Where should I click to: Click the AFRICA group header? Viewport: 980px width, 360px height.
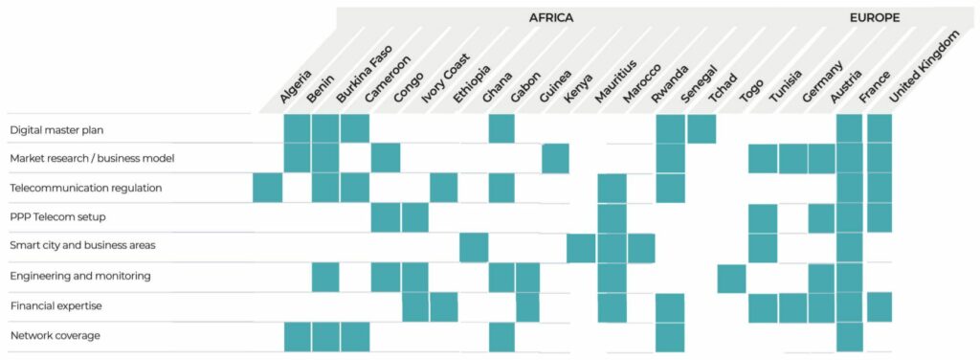(x=551, y=17)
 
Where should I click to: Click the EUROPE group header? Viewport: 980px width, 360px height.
(x=874, y=17)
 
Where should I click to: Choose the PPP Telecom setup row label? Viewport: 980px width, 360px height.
(x=56, y=217)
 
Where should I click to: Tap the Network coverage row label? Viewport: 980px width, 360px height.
(x=55, y=335)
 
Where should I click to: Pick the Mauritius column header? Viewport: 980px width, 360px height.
(x=612, y=82)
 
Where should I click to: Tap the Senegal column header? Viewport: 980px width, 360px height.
(x=698, y=85)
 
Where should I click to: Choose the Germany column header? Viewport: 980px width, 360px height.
(x=822, y=82)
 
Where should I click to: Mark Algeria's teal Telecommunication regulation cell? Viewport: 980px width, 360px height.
(x=267, y=188)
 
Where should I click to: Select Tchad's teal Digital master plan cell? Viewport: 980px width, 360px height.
(x=702, y=129)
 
